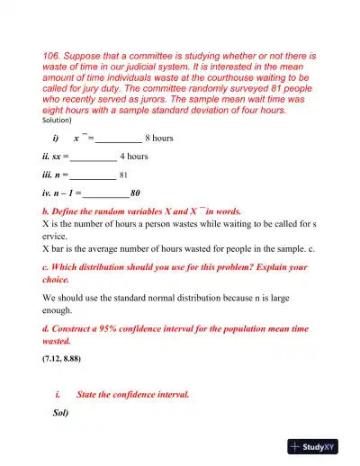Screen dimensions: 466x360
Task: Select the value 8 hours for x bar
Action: [x=159, y=139]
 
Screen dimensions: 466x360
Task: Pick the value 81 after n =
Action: [x=126, y=175]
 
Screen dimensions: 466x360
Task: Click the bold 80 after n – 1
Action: [x=135, y=193]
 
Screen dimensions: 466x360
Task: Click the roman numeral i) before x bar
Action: [x=57, y=139]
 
